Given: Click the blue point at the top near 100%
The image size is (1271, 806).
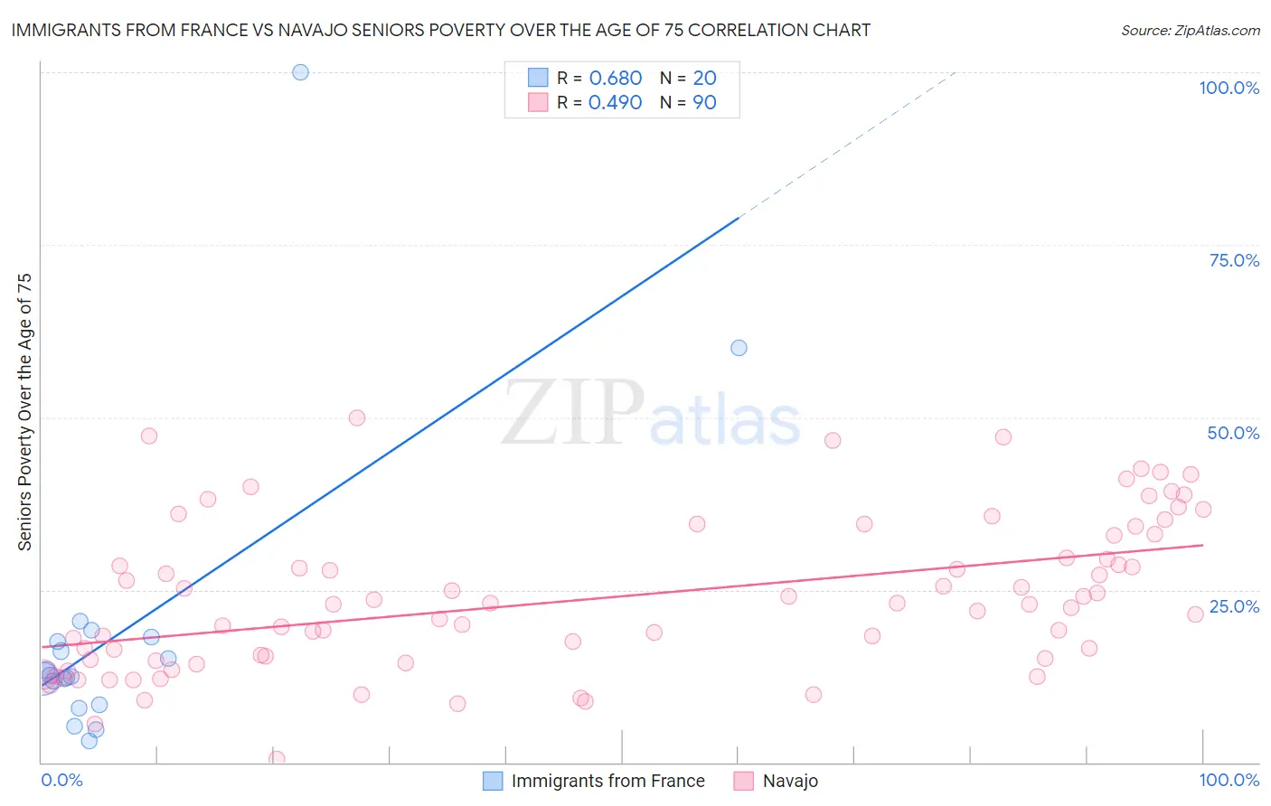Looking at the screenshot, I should point(300,72).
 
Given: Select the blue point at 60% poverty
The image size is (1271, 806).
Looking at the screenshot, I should point(739,348).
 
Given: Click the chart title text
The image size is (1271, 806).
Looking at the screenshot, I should point(440,30).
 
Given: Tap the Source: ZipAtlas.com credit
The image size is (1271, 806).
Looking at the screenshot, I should point(1190,31).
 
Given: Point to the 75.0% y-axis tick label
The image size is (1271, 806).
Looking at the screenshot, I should point(1234,260).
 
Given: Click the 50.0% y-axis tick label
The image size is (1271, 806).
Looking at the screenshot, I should point(1233,433).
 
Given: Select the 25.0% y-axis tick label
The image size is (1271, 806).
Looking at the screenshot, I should point(1234,606).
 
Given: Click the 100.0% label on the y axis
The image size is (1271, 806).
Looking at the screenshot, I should point(1229,88).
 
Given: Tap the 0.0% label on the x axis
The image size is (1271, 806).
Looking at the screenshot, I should point(61,780).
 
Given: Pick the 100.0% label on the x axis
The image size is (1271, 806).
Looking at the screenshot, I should point(1229,780).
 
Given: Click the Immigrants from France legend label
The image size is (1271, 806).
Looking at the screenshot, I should point(607,781).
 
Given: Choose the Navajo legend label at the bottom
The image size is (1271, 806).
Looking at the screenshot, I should point(790,781).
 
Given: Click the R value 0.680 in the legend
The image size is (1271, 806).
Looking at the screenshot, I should point(615,79).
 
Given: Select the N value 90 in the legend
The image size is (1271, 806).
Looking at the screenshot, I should point(704,103).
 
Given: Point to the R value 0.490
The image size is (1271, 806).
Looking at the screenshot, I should point(615,103).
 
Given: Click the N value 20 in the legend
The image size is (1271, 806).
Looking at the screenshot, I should point(704,79).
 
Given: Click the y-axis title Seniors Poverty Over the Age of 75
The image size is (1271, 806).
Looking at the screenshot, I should point(25,412).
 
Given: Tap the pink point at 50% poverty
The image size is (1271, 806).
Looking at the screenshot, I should point(357,417).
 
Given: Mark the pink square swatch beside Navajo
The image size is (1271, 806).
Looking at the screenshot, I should point(743,781).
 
